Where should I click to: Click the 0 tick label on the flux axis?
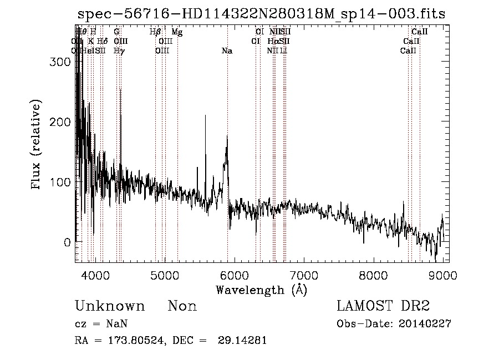67,242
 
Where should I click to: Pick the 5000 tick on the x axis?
165,275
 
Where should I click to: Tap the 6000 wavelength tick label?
235,275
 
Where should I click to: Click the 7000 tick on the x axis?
304,275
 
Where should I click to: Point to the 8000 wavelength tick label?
374,275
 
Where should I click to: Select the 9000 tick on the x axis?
443,275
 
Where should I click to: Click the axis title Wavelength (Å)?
261,290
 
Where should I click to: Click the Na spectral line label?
227,51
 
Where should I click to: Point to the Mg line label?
177,32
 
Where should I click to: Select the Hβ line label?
155,32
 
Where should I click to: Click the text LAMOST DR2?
383,306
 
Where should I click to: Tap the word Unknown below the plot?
110,306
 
